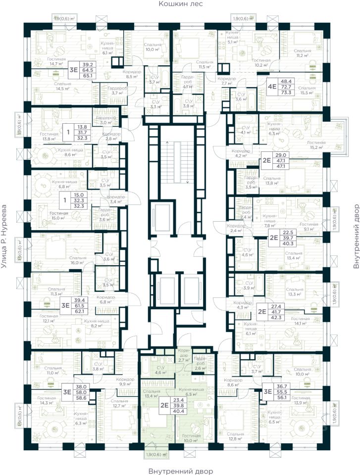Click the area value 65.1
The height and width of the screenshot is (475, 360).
coord(89,77)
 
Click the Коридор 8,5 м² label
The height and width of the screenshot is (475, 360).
coord(132,74)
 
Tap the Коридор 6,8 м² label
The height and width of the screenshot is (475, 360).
coord(106,313)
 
